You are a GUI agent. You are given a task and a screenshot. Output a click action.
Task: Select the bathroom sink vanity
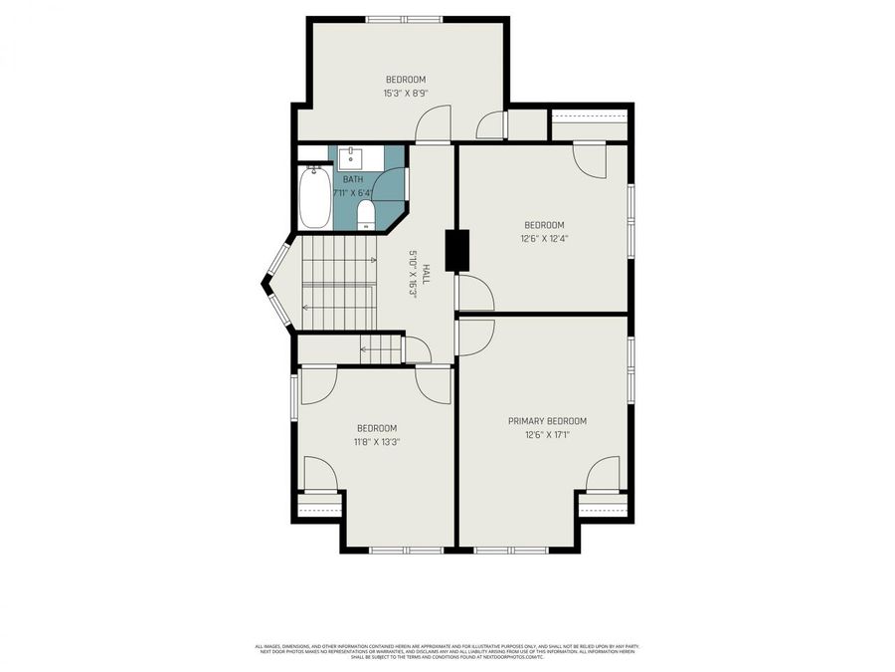(351, 158)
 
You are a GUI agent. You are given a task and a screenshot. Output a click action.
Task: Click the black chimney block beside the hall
(456, 250)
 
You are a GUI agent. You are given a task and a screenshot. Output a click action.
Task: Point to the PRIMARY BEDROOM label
(546, 421)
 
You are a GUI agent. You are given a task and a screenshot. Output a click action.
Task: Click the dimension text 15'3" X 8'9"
(405, 94)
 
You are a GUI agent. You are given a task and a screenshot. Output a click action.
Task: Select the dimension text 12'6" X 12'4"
(544, 239)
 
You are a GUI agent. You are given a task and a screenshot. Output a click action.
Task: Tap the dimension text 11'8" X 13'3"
(377, 442)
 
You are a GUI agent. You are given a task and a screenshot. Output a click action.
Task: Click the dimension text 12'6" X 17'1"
(546, 435)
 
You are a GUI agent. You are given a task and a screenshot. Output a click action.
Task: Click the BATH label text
(353, 179)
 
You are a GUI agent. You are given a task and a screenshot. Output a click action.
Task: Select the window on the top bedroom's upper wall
(404, 18)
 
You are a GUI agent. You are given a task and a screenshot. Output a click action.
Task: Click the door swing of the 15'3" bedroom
(433, 124)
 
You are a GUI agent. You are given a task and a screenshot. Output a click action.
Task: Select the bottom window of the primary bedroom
(510, 549)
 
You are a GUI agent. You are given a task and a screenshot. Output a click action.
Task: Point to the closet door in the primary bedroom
(603, 476)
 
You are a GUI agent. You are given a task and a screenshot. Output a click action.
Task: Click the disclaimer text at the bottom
(447, 651)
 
